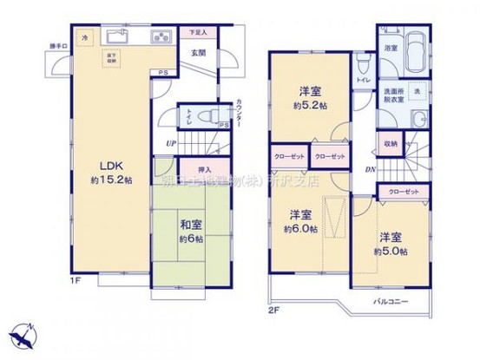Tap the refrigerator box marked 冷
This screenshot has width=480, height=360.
coord(85,38)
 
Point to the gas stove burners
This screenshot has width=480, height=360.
coord(162,36)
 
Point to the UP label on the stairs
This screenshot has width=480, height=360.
coord(172,144)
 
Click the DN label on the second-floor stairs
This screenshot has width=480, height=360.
coord(371,170)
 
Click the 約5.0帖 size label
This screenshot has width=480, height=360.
coord(391,249)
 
